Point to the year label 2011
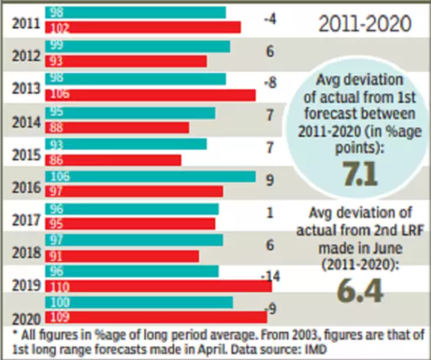click(26, 25)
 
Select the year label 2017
click(26, 220)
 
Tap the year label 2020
click(26, 319)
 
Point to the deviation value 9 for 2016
click(270, 178)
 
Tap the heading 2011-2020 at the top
click(364, 25)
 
